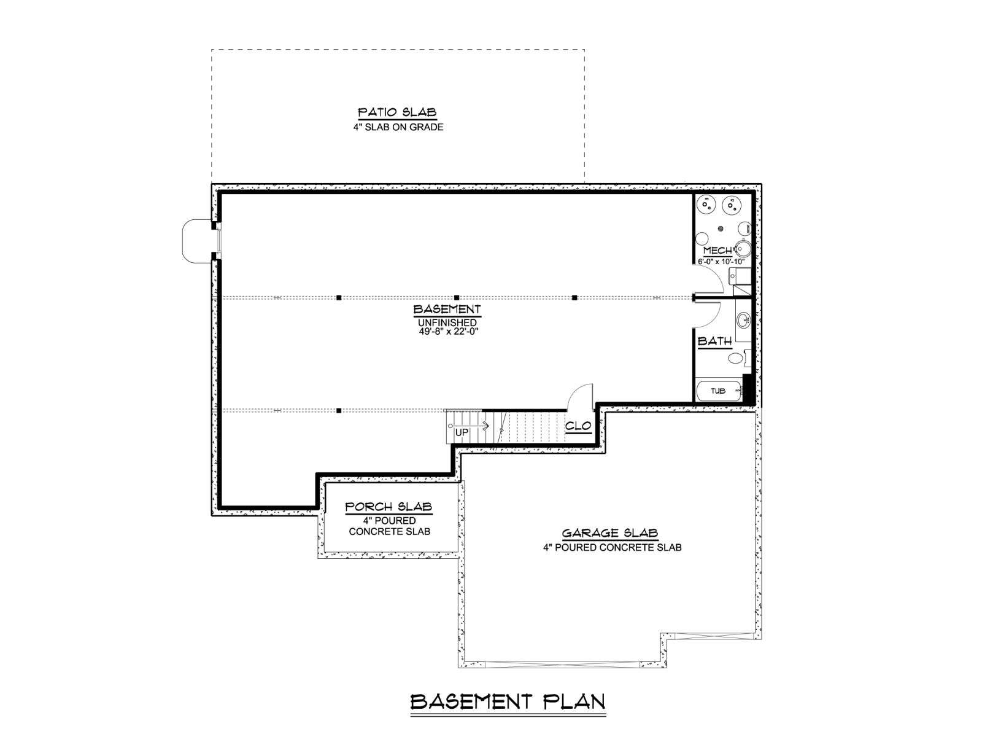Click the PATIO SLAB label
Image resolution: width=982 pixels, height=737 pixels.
[x=397, y=112]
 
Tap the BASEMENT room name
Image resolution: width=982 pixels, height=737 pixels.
[x=447, y=309]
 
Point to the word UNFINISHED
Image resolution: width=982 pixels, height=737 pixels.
[x=447, y=322]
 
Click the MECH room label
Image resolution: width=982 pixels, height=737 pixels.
[x=717, y=251]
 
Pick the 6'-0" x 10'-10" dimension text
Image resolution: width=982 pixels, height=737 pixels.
[x=721, y=262]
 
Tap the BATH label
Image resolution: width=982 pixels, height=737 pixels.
[x=714, y=341]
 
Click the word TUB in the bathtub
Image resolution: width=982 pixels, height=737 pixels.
[x=717, y=391]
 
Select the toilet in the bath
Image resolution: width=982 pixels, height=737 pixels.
[x=738, y=357]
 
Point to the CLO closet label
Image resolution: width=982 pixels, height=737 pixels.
[x=578, y=426]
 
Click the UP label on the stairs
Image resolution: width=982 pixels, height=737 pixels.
[x=462, y=433]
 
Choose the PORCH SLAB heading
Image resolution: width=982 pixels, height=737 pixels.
[x=389, y=507]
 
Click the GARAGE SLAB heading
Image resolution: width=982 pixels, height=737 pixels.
[x=610, y=533]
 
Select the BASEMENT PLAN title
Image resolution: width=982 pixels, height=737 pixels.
[x=508, y=701]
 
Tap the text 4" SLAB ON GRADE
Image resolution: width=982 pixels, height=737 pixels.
[x=398, y=127]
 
